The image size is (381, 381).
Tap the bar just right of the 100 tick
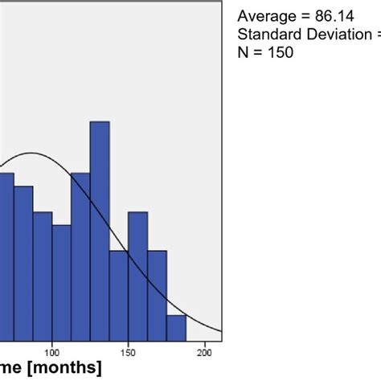point(61,282)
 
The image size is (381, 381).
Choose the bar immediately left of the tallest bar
point(80,256)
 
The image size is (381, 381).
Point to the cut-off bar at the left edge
point(6,256)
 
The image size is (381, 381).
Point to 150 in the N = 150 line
point(282,53)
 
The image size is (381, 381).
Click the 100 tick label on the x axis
point(52,352)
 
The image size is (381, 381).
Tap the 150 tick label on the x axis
point(128,352)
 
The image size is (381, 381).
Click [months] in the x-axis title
point(68,369)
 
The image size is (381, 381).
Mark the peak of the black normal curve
point(31,153)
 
